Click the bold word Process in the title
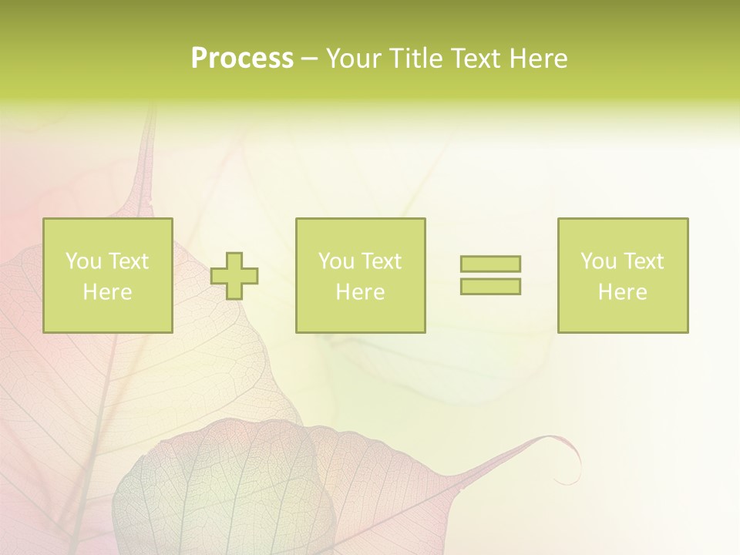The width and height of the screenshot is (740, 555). [242, 59]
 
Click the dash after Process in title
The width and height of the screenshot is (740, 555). [309, 59]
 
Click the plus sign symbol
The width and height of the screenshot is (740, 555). [234, 276]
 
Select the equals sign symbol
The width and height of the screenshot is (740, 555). [490, 275]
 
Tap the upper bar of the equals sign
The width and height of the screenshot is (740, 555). [490, 264]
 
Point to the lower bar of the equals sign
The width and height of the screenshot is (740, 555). [490, 287]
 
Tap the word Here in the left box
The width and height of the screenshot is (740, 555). [108, 292]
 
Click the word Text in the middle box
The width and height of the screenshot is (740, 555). [382, 261]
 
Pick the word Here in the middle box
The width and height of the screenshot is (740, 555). [360, 292]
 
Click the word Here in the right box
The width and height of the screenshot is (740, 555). [622, 292]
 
